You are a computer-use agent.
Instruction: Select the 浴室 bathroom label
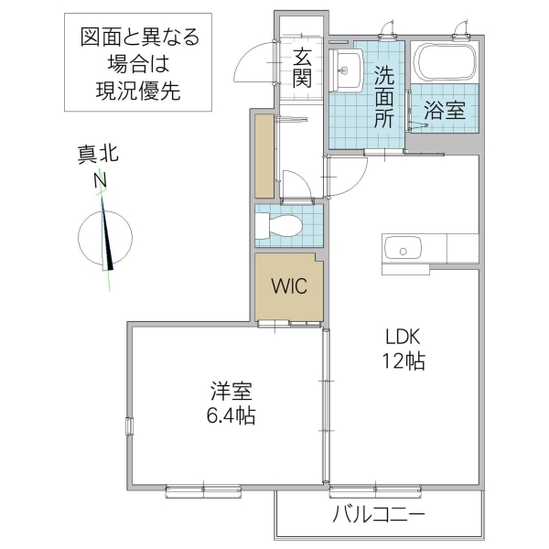[445, 111]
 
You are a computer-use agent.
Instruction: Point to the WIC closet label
[289, 285]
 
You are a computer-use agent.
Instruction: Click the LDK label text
[403, 335]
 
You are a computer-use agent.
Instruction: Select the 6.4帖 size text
[231, 415]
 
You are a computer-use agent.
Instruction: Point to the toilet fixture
[279, 225]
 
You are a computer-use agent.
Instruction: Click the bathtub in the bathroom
[445, 63]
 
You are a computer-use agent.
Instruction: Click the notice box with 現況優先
[139, 63]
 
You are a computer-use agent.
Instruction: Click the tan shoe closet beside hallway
[265, 156]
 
